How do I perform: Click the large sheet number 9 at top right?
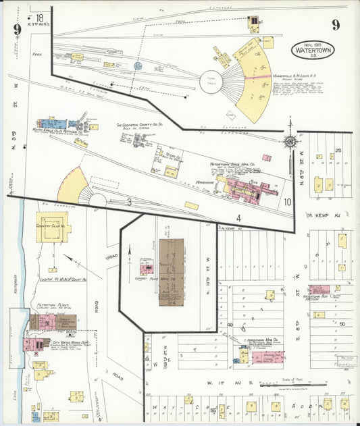point(336,26)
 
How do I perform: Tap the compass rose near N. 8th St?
point(290,141)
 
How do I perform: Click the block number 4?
point(238,217)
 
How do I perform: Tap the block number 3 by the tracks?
point(128,201)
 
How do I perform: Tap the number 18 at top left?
point(40,18)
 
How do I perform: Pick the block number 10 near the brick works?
point(287,201)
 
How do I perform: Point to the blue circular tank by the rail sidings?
point(138,66)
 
